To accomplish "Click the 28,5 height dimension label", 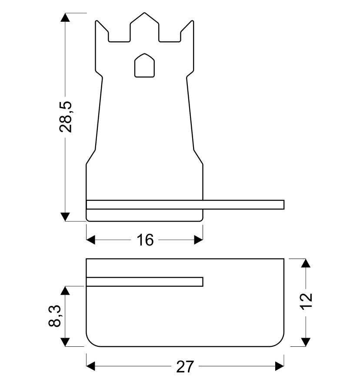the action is coord(66,117).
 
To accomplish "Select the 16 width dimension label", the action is coord(145,240).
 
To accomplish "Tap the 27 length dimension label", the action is coord(185,367).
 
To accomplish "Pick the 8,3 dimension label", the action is coord(54,316).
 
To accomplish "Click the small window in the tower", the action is coord(144,65).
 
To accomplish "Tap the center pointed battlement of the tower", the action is coord(144,27).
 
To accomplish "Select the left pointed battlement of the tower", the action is coord(102,31).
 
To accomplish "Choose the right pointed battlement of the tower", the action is coord(187,31).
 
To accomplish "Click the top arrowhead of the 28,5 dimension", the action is coord(65,17).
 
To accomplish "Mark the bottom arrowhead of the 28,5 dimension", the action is coord(65,217).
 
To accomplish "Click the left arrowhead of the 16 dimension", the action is coord(91,240).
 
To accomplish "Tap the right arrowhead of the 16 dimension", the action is coord(198,240).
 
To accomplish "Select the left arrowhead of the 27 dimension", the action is coord(91,366).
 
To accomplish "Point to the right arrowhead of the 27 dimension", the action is coord(280,366).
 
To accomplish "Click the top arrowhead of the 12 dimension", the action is coord(306,263).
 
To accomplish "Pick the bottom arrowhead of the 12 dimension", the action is coord(306,342).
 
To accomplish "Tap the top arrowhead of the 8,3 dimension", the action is coord(65,290).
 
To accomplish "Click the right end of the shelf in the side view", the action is coord(284,205).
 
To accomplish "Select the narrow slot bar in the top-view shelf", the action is coord(144,282).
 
